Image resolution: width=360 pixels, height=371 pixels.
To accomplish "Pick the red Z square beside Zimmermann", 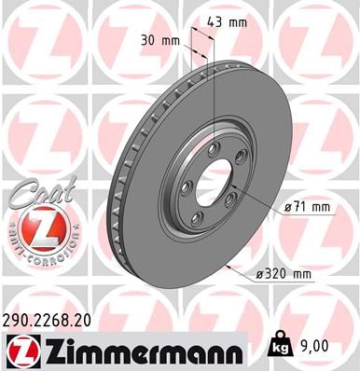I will pyautogui.click(x=19, y=350).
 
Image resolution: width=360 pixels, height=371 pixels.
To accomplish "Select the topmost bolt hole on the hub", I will pyautogui.click(x=215, y=147).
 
